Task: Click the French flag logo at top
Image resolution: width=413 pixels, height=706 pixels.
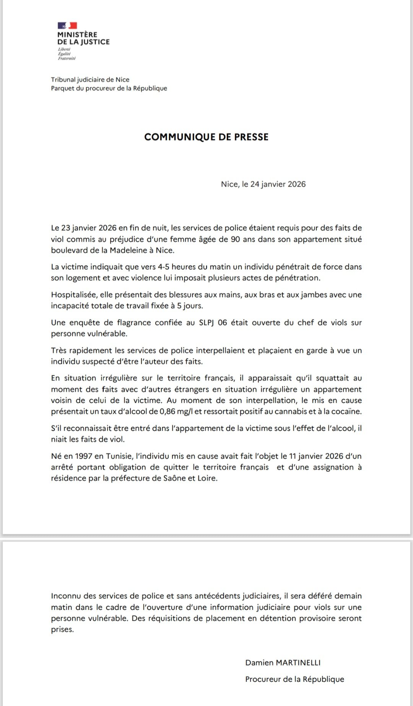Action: click(68, 26)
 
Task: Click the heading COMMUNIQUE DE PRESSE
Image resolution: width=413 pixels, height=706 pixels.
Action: click(206, 137)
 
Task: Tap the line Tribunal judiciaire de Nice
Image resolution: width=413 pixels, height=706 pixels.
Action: click(90, 80)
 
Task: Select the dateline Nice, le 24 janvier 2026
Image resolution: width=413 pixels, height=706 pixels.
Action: click(263, 184)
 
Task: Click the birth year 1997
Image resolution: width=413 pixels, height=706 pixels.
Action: click(84, 456)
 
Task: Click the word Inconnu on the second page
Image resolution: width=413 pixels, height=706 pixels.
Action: click(65, 596)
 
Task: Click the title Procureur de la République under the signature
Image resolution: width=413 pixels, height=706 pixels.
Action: click(294, 679)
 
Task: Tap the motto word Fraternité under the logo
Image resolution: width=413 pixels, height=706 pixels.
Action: click(67, 59)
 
